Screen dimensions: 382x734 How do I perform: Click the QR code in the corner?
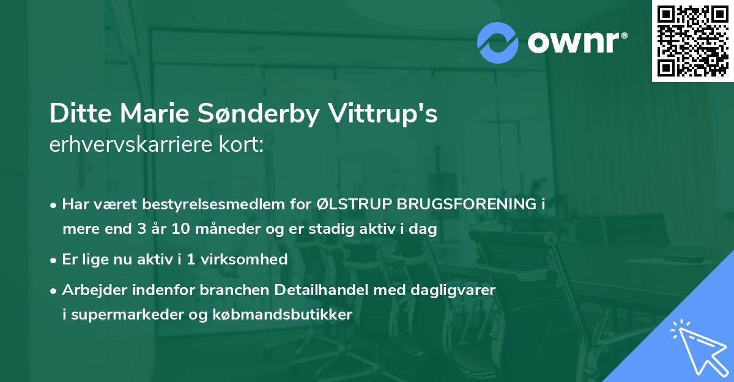692,40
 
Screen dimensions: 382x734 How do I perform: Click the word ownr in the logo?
576,42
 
